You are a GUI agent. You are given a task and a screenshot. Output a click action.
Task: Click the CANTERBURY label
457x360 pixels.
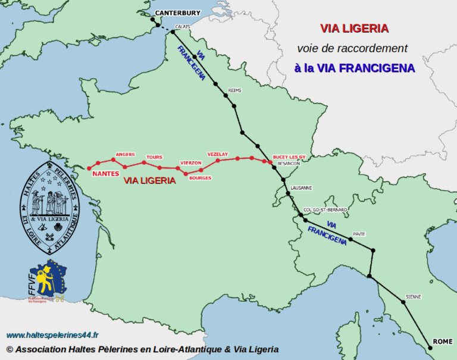(x=178, y=12)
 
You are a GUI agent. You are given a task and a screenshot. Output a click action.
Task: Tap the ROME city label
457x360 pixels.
(x=442, y=341)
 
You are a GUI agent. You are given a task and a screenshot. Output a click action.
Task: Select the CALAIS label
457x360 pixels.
(x=183, y=27)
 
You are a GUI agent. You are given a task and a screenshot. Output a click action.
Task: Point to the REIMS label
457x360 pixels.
(x=234, y=91)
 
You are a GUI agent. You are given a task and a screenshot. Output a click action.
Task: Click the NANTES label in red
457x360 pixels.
(x=107, y=174)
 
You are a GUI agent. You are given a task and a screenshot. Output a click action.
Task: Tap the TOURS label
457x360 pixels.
(x=154, y=157)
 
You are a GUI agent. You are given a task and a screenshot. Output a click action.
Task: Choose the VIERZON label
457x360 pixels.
(x=191, y=162)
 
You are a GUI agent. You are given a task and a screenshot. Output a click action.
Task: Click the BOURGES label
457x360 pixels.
(x=200, y=178)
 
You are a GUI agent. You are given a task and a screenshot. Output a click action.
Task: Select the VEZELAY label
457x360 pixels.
(x=218, y=154)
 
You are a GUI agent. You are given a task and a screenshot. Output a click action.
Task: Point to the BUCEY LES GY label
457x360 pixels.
(x=289, y=156)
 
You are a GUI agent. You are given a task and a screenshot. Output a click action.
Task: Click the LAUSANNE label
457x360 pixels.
(x=301, y=188)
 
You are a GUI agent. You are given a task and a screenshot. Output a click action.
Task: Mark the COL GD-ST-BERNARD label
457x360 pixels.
(x=325, y=209)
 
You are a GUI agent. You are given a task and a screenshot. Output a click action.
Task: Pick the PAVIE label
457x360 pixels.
(x=359, y=234)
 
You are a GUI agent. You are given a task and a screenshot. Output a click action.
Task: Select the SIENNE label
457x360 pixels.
(x=413, y=296)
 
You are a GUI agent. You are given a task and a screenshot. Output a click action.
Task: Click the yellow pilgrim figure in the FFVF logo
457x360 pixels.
(x=43, y=279)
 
